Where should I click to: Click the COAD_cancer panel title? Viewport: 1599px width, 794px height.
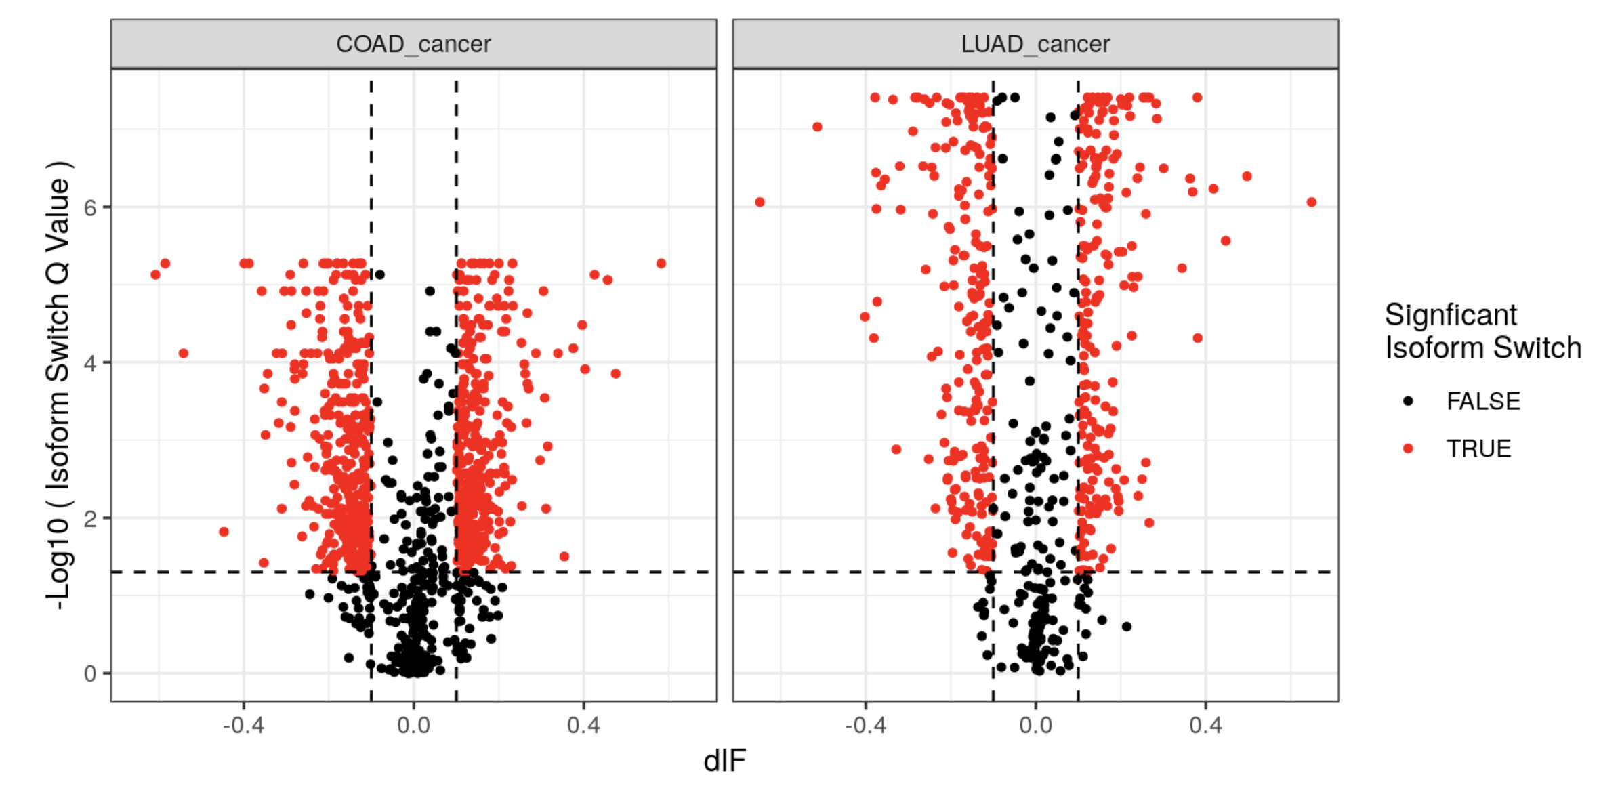point(413,44)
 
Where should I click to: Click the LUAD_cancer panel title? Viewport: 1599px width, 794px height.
point(1035,44)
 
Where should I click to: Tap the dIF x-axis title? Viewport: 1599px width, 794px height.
point(724,761)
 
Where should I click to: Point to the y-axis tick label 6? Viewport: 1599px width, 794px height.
point(90,207)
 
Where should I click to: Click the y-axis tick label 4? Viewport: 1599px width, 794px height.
point(90,363)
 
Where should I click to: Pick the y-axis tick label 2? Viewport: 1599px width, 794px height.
point(90,519)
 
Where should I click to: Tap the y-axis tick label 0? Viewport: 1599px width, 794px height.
point(90,674)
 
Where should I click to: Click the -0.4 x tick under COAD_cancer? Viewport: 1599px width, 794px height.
point(243,726)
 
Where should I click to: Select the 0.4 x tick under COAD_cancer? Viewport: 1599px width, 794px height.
point(583,726)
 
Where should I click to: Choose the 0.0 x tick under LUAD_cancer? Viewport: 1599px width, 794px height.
point(1035,726)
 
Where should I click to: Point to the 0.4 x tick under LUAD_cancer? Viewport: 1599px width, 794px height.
point(1205,726)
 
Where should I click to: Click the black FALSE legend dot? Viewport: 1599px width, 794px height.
point(1408,401)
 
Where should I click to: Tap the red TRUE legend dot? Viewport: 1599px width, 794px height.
point(1408,448)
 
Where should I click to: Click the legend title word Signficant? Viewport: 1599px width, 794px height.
point(1450,315)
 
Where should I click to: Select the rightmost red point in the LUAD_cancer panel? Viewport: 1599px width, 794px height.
point(1312,202)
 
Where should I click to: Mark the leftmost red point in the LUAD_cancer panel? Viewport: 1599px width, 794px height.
point(760,202)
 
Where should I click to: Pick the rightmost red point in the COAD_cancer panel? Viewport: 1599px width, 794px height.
point(661,264)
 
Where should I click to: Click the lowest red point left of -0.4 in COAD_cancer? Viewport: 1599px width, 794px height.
point(224,532)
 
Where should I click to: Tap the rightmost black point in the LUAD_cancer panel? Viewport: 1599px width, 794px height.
point(1126,627)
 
